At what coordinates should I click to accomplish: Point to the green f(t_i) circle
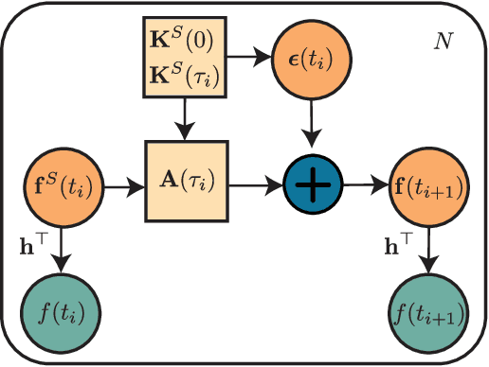point(61,311)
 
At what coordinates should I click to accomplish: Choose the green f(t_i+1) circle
point(426,311)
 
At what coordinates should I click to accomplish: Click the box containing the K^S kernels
point(186,58)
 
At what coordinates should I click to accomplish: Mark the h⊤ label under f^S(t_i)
point(33,243)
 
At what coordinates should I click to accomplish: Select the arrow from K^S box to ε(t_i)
point(253,58)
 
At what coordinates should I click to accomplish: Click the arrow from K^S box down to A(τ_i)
point(186,118)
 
